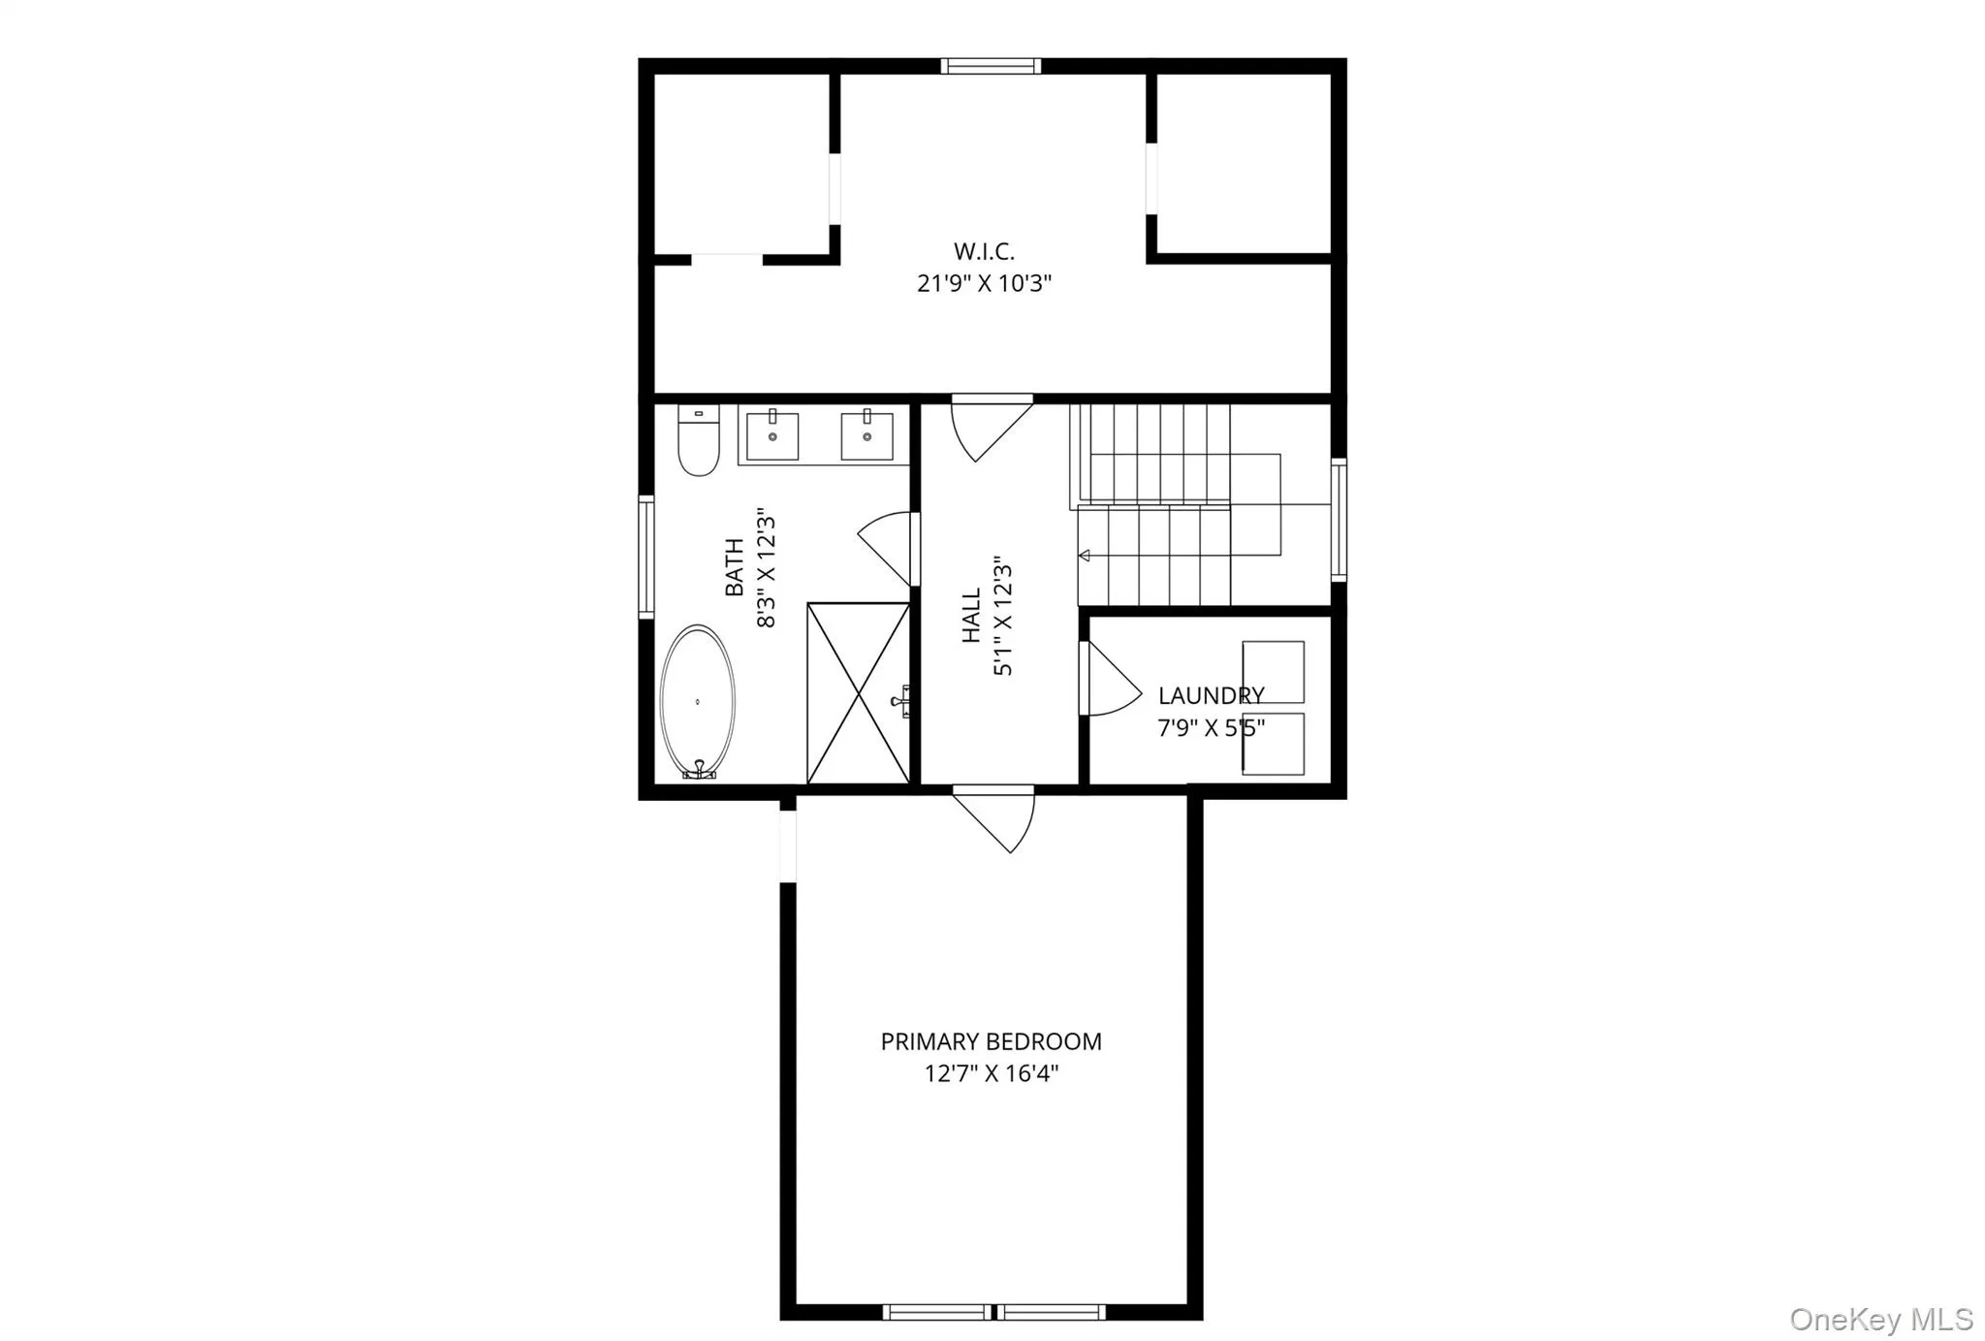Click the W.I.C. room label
[x=984, y=251]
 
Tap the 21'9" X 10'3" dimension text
[x=984, y=284]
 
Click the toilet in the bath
[x=698, y=443]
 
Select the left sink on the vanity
[x=772, y=436]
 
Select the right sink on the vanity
[x=866, y=436]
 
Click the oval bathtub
[x=697, y=701]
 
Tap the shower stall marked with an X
[x=858, y=692]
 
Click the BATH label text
[x=735, y=567]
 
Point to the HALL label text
[x=971, y=616]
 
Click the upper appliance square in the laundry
[x=1273, y=671]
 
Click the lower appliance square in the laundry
[x=1273, y=744]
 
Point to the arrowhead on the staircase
[x=1085, y=556]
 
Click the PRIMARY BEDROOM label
[x=991, y=1042]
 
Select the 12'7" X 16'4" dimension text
[x=991, y=1074]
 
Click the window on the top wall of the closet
[x=991, y=66]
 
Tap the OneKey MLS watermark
[x=1880, y=1320]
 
